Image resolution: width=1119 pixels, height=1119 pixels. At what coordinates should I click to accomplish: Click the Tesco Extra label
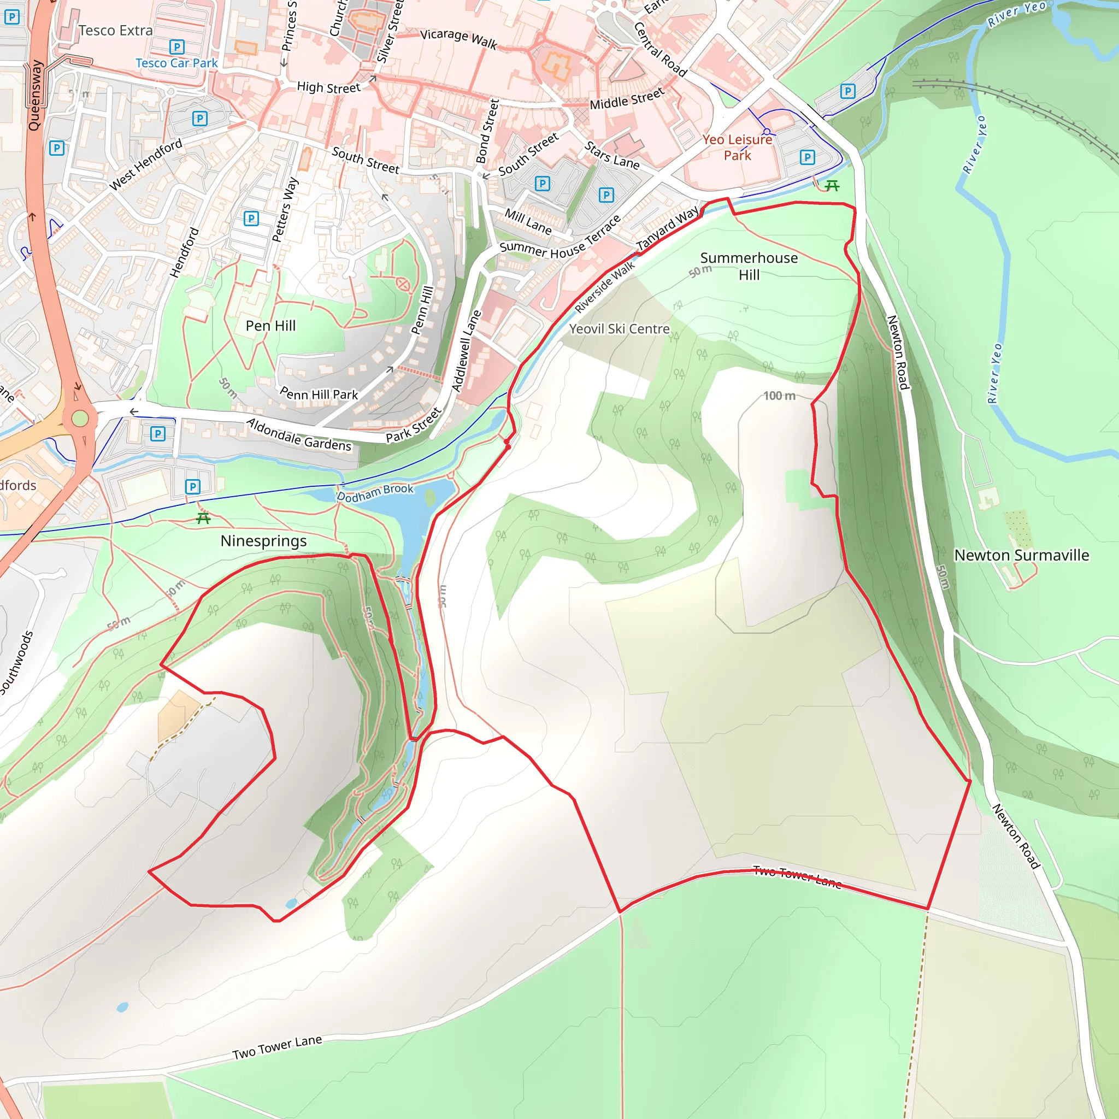click(x=115, y=31)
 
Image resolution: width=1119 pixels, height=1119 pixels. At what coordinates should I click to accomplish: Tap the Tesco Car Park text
click(x=176, y=63)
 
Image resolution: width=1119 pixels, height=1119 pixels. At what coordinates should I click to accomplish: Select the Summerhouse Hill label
click(x=749, y=266)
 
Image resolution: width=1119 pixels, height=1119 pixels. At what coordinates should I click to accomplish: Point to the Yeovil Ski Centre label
click(x=619, y=329)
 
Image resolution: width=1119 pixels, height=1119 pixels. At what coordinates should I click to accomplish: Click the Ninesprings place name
click(x=263, y=541)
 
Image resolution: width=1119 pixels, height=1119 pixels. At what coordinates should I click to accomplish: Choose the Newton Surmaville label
click(x=1021, y=555)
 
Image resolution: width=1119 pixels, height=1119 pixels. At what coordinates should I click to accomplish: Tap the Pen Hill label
click(x=270, y=326)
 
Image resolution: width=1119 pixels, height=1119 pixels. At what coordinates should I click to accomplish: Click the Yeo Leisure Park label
click(x=737, y=147)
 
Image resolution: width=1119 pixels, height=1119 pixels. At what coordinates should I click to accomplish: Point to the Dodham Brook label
click(x=375, y=492)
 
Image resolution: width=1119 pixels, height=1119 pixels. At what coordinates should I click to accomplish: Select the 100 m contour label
click(x=779, y=396)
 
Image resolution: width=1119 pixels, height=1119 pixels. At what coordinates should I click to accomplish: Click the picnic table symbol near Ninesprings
click(x=203, y=519)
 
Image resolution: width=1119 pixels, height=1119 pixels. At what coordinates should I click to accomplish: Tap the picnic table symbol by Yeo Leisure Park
click(x=832, y=185)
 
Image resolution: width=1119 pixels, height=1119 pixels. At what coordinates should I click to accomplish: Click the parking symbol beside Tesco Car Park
click(x=176, y=46)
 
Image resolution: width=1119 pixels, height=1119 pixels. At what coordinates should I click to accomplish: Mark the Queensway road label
click(x=36, y=96)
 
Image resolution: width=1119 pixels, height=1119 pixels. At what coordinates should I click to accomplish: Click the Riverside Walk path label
click(x=605, y=287)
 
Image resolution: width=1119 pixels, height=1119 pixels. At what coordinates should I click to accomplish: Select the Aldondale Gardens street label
click(x=299, y=435)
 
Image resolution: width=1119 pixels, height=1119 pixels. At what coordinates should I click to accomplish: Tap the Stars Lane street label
click(x=611, y=156)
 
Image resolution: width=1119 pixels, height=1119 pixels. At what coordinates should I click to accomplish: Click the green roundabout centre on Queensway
click(x=80, y=417)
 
